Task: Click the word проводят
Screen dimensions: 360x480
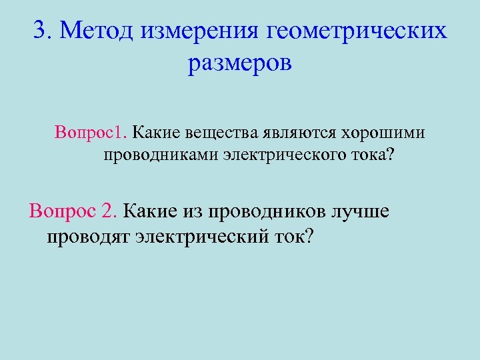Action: (x=88, y=237)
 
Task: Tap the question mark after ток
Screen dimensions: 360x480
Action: (x=306, y=236)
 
